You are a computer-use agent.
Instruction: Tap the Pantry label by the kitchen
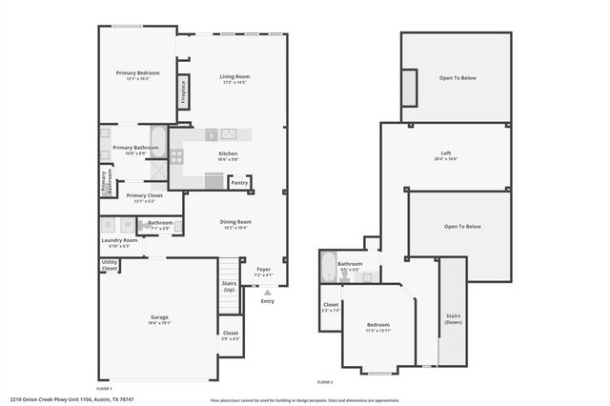pyautogui.click(x=239, y=183)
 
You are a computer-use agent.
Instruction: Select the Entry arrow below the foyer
pyautogui.click(x=267, y=292)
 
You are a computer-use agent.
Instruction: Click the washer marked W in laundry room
pyautogui.click(x=127, y=225)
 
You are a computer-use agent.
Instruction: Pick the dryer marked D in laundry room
pyautogui.click(x=108, y=225)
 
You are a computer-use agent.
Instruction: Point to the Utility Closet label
pyautogui.click(x=110, y=265)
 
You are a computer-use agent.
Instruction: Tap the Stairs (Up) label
pyautogui.click(x=229, y=286)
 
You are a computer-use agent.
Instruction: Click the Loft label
pyautogui.click(x=445, y=153)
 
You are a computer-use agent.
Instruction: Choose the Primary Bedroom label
pyautogui.click(x=137, y=72)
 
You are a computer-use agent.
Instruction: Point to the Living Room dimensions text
pyautogui.click(x=234, y=83)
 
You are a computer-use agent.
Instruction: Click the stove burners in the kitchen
pyautogui.click(x=176, y=154)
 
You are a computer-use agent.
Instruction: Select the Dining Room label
pyautogui.click(x=235, y=221)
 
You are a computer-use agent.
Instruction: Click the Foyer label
pyautogui.click(x=264, y=270)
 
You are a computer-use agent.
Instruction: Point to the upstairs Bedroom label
pyautogui.click(x=378, y=325)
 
